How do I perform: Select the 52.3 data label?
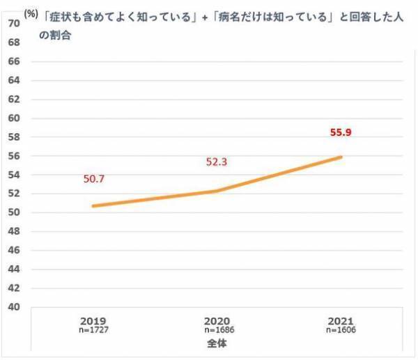pos(217,162)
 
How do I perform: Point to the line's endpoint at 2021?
pos(341,157)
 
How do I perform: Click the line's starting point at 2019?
pos(92,206)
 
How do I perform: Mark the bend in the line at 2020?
pos(217,191)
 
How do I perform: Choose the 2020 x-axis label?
pos(217,320)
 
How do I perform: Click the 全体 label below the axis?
pos(217,343)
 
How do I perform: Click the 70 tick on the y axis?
pos(13,24)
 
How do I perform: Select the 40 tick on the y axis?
pos(13,307)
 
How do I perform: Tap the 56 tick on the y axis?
pos(13,156)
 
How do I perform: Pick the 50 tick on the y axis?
pos(13,212)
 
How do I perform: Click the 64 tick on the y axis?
pos(13,80)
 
